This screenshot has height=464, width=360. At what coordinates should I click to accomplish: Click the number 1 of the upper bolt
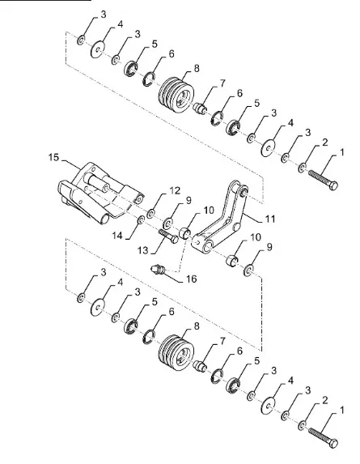[341, 151]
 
